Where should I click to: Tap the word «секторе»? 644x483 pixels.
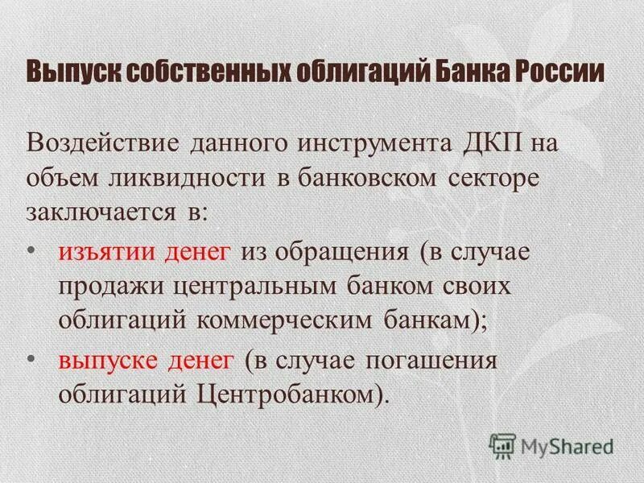[x=491, y=178]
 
